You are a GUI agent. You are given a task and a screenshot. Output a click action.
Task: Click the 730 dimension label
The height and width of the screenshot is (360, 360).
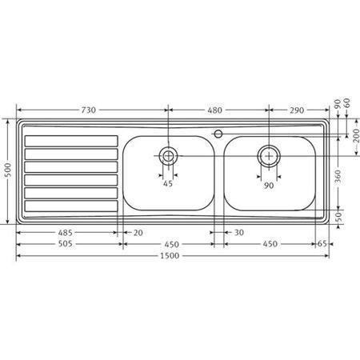pos(88,110)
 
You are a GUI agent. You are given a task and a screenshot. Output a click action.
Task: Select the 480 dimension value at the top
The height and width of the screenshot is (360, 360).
pos(214,110)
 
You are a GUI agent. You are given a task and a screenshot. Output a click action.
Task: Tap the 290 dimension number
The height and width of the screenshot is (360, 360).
pos(297,110)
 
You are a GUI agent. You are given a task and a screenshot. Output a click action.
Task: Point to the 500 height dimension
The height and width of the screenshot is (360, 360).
pos(8,170)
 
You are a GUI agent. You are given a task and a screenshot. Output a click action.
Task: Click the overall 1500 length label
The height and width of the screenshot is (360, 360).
pos(170,256)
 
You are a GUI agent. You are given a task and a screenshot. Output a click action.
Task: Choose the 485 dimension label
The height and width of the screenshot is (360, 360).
pos(65,233)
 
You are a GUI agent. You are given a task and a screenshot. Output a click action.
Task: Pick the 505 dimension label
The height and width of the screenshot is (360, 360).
pos(65,244)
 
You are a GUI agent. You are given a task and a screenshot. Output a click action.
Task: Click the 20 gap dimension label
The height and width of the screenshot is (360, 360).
pos(138,233)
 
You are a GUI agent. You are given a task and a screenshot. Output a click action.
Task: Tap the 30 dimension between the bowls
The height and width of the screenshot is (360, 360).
pos(239,233)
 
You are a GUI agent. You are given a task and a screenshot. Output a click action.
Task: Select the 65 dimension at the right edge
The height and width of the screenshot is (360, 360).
pos(322,244)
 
